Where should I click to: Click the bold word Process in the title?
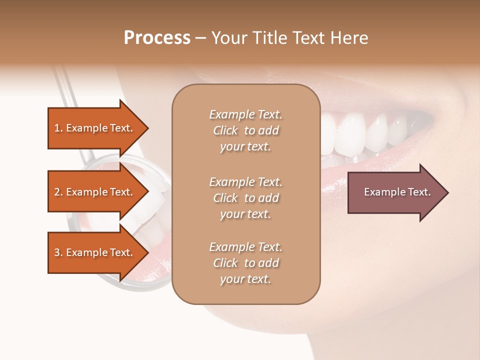pos(157,38)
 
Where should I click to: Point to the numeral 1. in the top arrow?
pos(58,128)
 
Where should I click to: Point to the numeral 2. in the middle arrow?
pos(58,192)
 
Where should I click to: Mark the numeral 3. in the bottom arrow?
pos(58,252)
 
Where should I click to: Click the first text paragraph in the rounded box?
pos(245,130)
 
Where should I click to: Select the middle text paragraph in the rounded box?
pos(245,198)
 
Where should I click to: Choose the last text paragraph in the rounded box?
pos(245,263)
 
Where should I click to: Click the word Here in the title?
pos(350,38)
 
